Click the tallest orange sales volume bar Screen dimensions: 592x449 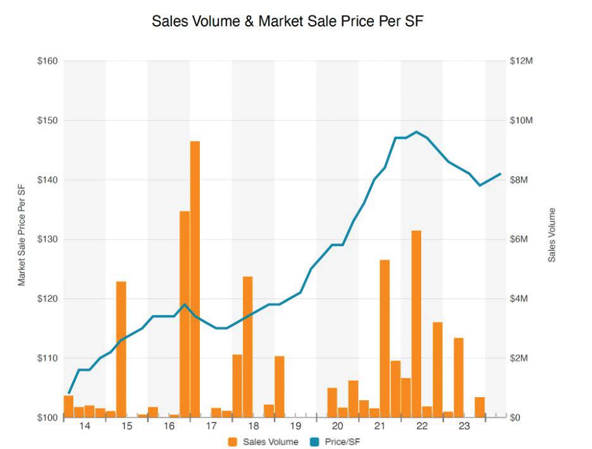click(195, 279)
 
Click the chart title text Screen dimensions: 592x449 click(287, 21)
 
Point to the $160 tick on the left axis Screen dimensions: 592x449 click(47, 61)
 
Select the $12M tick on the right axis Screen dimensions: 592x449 click(521, 61)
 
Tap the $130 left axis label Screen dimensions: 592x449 click(47, 240)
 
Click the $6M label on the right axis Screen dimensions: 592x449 click(519, 240)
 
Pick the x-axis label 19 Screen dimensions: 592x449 click(295, 426)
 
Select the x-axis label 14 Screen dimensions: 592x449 click(85, 426)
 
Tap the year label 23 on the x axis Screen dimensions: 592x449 click(464, 426)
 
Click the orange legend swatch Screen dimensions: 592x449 click(233, 442)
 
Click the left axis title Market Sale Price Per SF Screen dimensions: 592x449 click(22, 235)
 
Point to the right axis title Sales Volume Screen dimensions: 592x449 click(552, 235)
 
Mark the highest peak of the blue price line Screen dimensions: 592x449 click(416, 132)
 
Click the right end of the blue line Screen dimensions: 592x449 click(500, 174)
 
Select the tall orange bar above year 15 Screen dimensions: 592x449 click(121, 349)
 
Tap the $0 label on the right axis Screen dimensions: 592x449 click(515, 417)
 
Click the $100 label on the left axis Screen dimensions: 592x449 click(47, 417)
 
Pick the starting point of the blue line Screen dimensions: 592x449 click(68, 393)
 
